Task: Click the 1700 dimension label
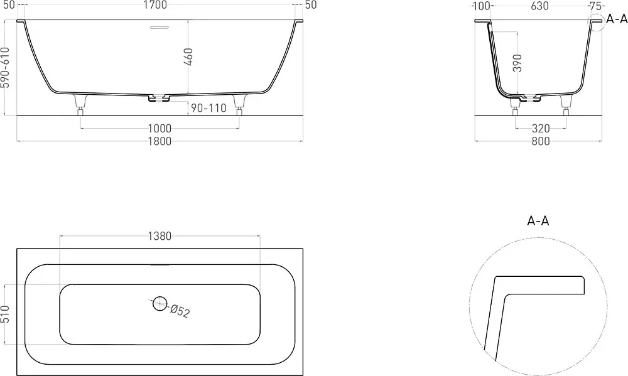(155, 5)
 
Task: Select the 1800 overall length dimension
(160, 141)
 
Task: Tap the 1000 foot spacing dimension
(160, 129)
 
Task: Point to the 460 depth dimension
(188, 57)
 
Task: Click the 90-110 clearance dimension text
(208, 108)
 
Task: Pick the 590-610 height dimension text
(5, 68)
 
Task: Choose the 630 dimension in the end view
(539, 6)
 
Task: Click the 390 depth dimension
(517, 63)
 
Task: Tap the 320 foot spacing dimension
(541, 129)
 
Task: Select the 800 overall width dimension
(540, 141)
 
